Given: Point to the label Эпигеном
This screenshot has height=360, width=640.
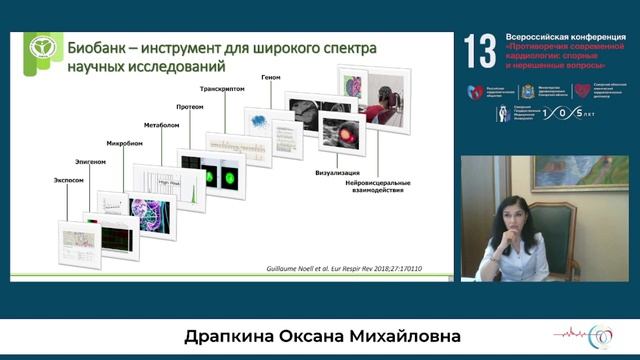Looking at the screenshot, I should pyautogui.click(x=90, y=160).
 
